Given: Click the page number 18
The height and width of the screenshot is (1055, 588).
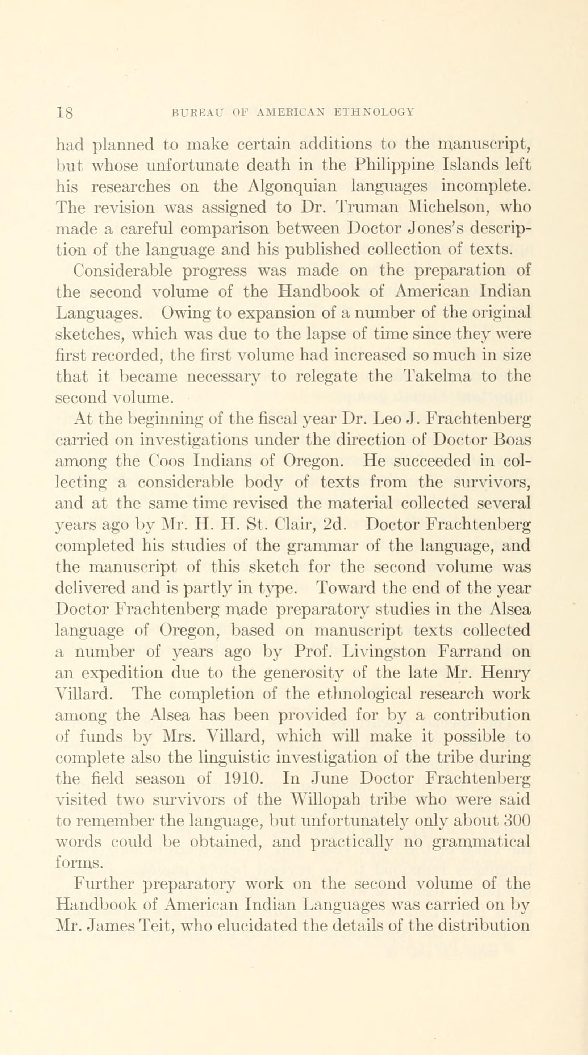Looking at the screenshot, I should [x=65, y=112].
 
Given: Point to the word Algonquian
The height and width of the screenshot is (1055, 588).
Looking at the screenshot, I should [x=292, y=187].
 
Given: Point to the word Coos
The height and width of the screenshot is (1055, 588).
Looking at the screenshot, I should [x=167, y=461].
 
